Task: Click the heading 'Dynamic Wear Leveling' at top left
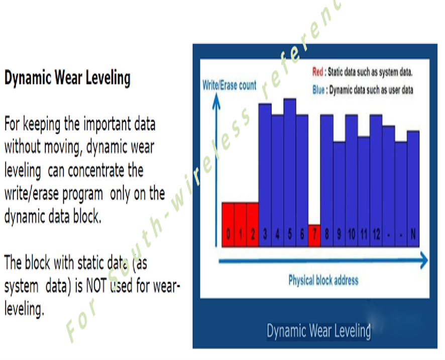(67, 77)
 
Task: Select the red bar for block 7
(314, 236)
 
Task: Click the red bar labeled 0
(228, 225)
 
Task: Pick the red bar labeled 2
(253, 225)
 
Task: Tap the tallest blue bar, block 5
(290, 173)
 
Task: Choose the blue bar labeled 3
(265, 175)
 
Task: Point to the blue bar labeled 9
(339, 195)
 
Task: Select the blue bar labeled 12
(376, 181)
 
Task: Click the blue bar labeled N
(413, 189)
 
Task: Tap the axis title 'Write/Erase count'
(230, 85)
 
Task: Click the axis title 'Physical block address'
(323, 280)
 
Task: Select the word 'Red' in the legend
(318, 72)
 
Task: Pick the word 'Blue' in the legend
(318, 90)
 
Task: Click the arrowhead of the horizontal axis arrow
(424, 260)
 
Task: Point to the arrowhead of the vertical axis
(216, 101)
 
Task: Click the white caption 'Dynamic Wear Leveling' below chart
(319, 331)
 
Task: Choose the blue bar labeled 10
(352, 181)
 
